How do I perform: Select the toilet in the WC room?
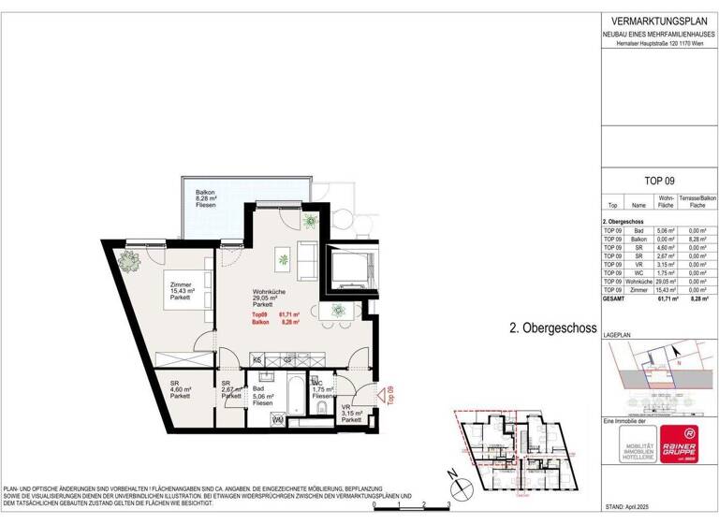321,409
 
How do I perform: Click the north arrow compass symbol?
460,488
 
